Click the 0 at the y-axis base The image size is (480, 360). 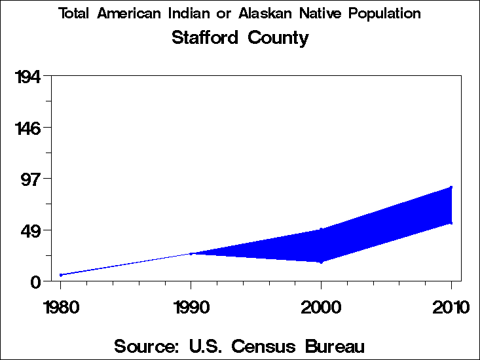[x=37, y=281]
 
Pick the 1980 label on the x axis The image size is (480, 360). [x=60, y=307]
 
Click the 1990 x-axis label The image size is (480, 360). [x=191, y=307]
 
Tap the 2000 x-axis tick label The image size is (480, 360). [x=321, y=307]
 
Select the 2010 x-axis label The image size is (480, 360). [x=451, y=307]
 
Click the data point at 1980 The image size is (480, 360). [x=61, y=275]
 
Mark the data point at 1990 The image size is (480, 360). [x=191, y=253]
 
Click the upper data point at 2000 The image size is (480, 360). [x=321, y=229]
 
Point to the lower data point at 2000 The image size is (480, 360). [x=321, y=262]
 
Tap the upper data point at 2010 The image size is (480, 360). [x=451, y=187]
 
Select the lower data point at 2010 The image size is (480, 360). [x=451, y=223]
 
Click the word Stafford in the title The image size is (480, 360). [x=206, y=38]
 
